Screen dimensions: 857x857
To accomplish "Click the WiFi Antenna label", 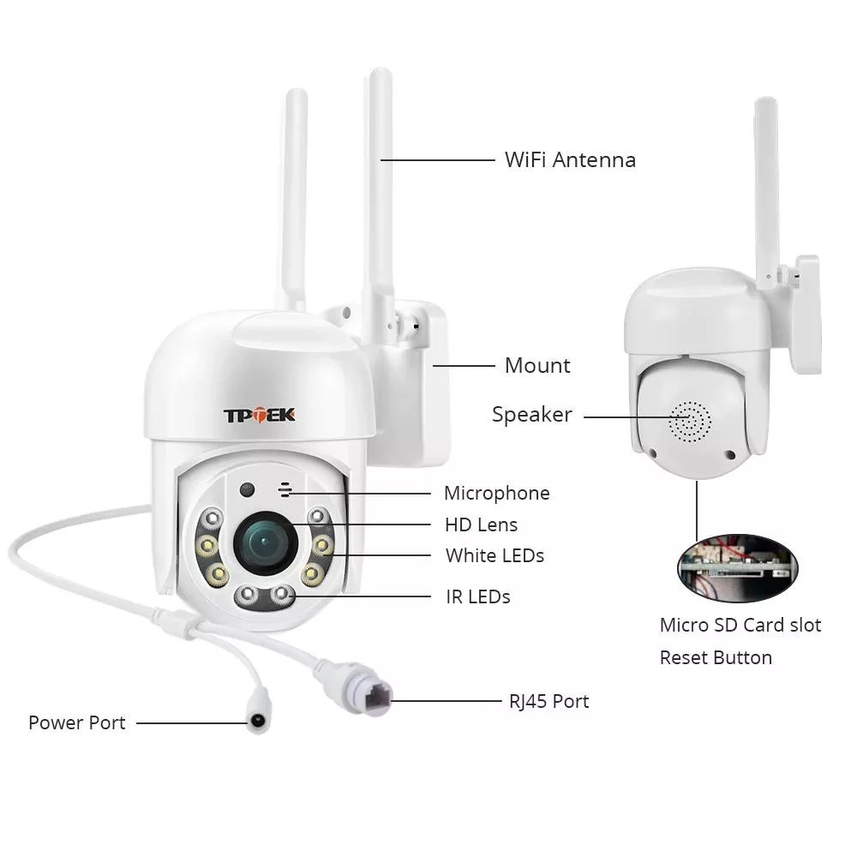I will pyautogui.click(x=570, y=159).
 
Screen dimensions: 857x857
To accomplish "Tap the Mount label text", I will pyautogui.click(x=537, y=366).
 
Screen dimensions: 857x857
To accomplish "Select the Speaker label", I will pyautogui.click(x=531, y=415).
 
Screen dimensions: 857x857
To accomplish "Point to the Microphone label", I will pyautogui.click(x=496, y=493).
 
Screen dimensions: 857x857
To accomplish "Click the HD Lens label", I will pyautogui.click(x=481, y=524).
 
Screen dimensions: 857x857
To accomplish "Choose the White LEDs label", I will pyautogui.click(x=494, y=555).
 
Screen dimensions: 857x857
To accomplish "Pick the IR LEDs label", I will pyautogui.click(x=477, y=596).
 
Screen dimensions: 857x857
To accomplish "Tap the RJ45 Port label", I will pyautogui.click(x=548, y=701).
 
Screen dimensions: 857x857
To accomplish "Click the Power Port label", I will pyautogui.click(x=76, y=722).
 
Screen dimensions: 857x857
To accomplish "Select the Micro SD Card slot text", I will pyautogui.click(x=740, y=625).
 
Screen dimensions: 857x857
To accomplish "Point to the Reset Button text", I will pyautogui.click(x=715, y=657).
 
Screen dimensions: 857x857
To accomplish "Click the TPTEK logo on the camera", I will pyautogui.click(x=260, y=415).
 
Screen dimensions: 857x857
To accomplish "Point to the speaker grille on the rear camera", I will pyautogui.click(x=691, y=421).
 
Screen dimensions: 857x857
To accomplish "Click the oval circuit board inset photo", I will pyautogui.click(x=736, y=566).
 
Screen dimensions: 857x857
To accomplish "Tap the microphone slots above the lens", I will pyautogui.click(x=283, y=489).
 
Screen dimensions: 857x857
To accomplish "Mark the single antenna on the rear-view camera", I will pyautogui.click(x=767, y=180).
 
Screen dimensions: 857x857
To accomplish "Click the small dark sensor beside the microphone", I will pyautogui.click(x=248, y=490).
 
